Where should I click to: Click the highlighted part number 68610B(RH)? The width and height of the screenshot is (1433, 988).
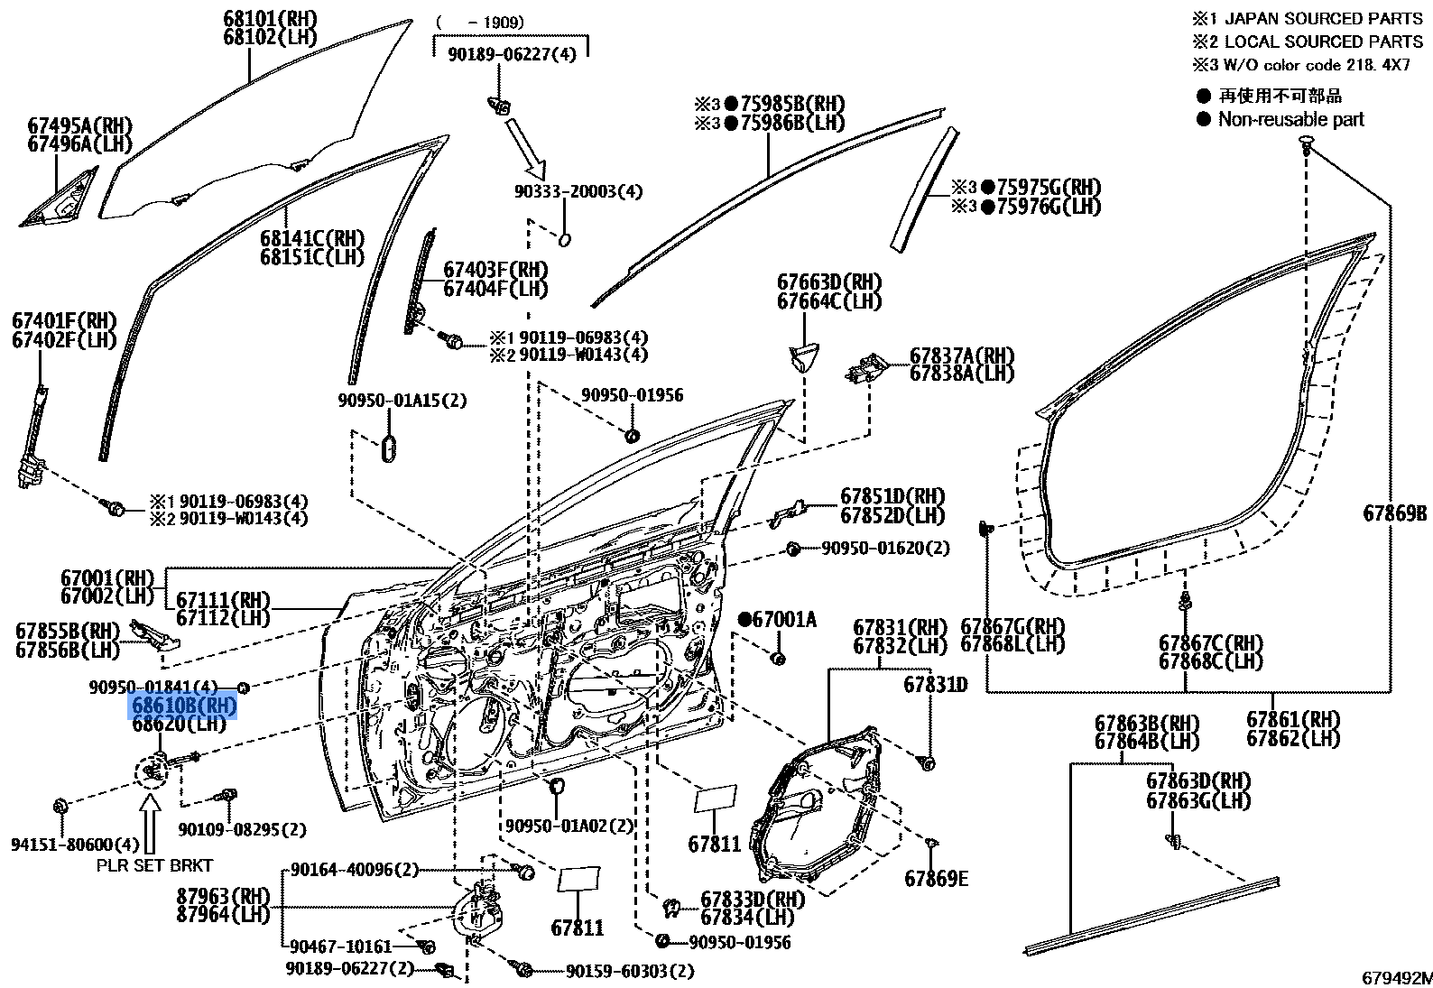click(184, 705)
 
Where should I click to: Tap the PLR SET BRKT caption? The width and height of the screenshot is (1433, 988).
click(154, 865)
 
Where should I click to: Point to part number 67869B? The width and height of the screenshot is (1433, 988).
click(1394, 513)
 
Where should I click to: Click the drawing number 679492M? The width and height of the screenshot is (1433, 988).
click(1395, 977)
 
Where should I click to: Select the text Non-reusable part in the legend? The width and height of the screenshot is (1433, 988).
click(1290, 119)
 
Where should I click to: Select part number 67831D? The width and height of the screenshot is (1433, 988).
click(935, 686)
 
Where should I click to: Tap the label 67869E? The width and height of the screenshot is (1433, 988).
click(936, 878)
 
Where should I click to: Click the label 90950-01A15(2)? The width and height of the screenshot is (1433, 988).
click(402, 400)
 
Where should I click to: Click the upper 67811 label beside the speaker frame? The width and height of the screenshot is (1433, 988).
click(714, 845)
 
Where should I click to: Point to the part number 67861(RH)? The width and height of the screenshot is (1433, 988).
click(1293, 719)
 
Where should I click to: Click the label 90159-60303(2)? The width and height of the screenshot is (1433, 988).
click(630, 971)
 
